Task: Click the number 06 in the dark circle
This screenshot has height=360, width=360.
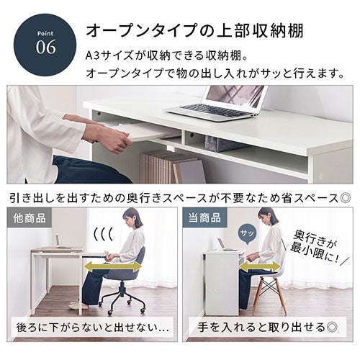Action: (x=46, y=47)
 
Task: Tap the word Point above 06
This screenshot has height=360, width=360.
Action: (x=45, y=33)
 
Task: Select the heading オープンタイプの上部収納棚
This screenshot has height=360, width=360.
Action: (x=194, y=30)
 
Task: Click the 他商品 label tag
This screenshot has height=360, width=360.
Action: (x=30, y=219)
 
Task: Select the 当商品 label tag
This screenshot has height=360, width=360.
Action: (x=204, y=219)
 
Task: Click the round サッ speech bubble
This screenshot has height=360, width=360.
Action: (x=247, y=234)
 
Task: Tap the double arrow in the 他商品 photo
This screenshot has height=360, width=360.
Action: (x=113, y=266)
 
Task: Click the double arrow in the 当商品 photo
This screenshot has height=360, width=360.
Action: (x=261, y=266)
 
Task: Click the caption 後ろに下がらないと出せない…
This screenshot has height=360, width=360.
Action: (x=93, y=328)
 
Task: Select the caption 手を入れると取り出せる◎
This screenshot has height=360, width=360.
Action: (x=267, y=327)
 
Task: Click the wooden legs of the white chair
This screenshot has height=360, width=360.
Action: (x=270, y=297)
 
